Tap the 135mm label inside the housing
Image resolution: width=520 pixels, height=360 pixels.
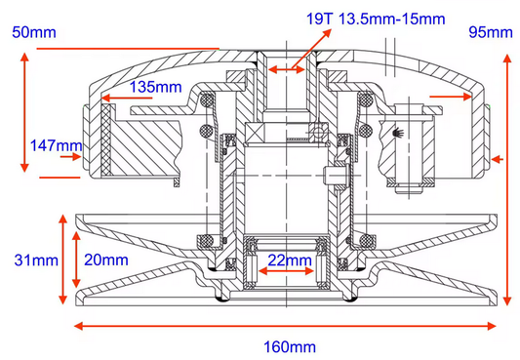(x=156, y=87)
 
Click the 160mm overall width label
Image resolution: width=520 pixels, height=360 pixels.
(x=289, y=345)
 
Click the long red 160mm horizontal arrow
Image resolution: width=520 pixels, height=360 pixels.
(x=289, y=325)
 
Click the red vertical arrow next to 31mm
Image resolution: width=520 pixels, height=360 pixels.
(x=64, y=260)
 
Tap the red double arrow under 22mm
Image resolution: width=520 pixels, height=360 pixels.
(x=290, y=274)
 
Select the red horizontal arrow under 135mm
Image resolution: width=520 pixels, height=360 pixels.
(x=137, y=98)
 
